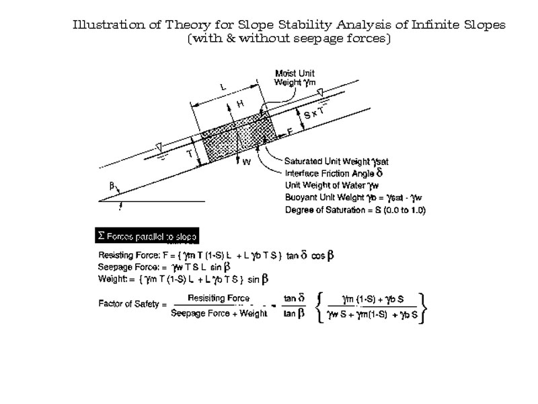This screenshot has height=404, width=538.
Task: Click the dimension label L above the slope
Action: [223, 87]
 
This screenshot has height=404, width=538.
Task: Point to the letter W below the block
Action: [246, 162]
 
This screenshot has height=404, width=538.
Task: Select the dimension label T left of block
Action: [190, 154]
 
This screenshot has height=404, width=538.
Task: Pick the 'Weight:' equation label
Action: [110, 278]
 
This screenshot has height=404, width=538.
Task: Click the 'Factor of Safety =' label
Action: [132, 304]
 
